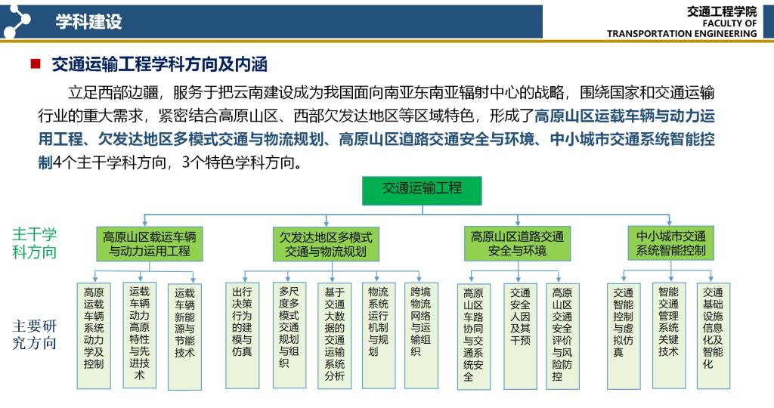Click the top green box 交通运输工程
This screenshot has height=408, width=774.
coord(422,190)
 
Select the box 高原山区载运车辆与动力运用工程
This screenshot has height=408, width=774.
coord(150,244)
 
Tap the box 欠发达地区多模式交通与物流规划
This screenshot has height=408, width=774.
coord(326,244)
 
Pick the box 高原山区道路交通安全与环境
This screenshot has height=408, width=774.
coord(517,244)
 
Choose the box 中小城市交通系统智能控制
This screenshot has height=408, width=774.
coord(671,243)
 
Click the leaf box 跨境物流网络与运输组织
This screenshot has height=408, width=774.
coord(421,336)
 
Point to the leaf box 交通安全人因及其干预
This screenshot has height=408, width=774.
coord(520,336)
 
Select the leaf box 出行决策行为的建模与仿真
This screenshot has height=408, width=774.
coord(242,336)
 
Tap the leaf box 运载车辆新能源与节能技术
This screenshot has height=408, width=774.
coord(184,336)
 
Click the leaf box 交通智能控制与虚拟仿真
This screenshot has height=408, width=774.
coord(624,336)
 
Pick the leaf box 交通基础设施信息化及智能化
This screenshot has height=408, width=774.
coord(714,336)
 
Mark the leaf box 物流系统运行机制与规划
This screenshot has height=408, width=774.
coord(379,336)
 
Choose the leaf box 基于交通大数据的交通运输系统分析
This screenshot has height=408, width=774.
coord(334,336)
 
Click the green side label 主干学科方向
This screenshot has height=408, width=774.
coord(34,243)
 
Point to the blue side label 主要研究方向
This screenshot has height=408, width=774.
coord(34,335)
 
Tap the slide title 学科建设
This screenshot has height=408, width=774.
coord(88,22)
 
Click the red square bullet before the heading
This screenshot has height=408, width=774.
coord(36,63)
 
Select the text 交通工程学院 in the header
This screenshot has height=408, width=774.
coord(722,11)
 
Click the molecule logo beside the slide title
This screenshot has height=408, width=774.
coord(16,20)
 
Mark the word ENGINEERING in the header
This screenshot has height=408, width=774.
coord(724,33)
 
